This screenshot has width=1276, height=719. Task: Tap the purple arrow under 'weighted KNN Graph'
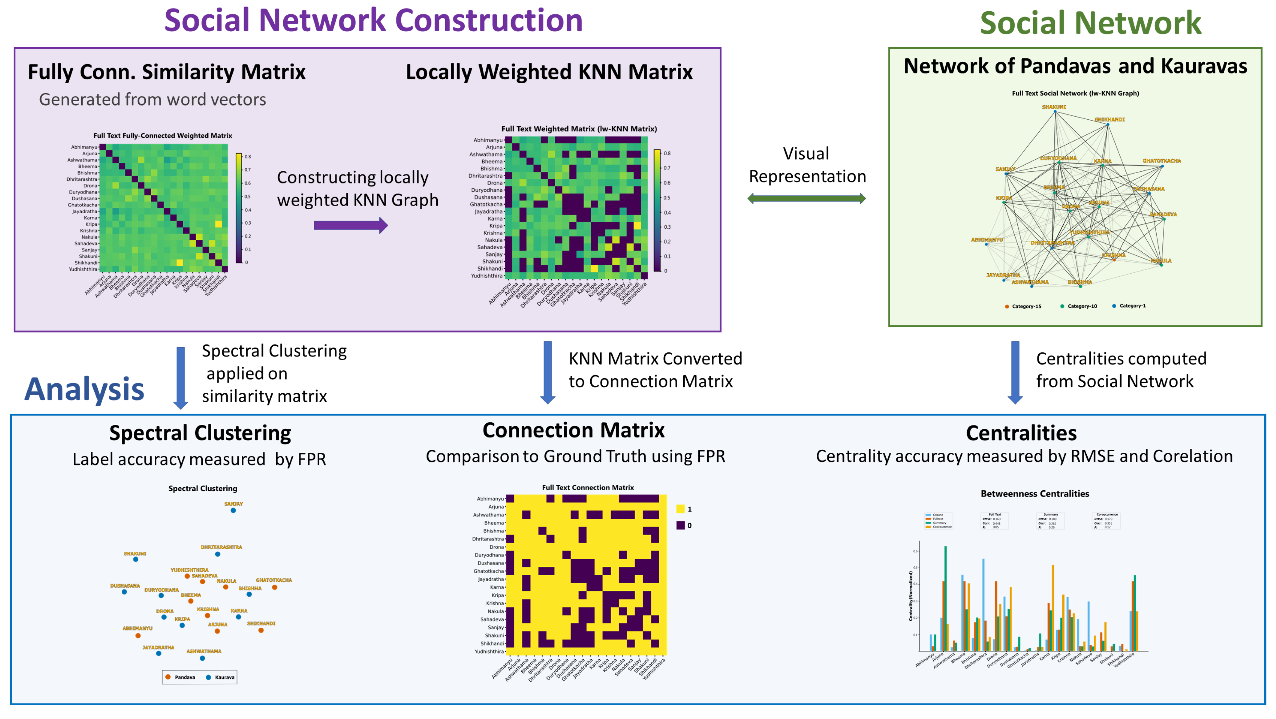click(350, 226)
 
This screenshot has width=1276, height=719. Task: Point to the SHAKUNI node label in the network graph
click(1054, 107)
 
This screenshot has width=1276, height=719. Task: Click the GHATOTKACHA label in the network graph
click(1161, 161)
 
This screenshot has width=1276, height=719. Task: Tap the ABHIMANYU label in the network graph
click(987, 240)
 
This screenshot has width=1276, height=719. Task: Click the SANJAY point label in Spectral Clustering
click(233, 504)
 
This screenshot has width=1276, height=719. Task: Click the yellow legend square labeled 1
click(681, 509)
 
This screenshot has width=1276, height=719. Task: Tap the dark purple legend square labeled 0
click(681, 525)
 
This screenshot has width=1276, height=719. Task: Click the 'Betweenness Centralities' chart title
click(1035, 494)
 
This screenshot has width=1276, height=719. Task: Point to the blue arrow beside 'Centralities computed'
click(1015, 372)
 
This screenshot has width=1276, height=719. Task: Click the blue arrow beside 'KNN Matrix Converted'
click(547, 372)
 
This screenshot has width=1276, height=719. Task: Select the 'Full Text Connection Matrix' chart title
click(588, 488)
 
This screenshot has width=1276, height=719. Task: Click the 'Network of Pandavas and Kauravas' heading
click(1075, 67)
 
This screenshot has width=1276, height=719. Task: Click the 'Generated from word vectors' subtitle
click(153, 99)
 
